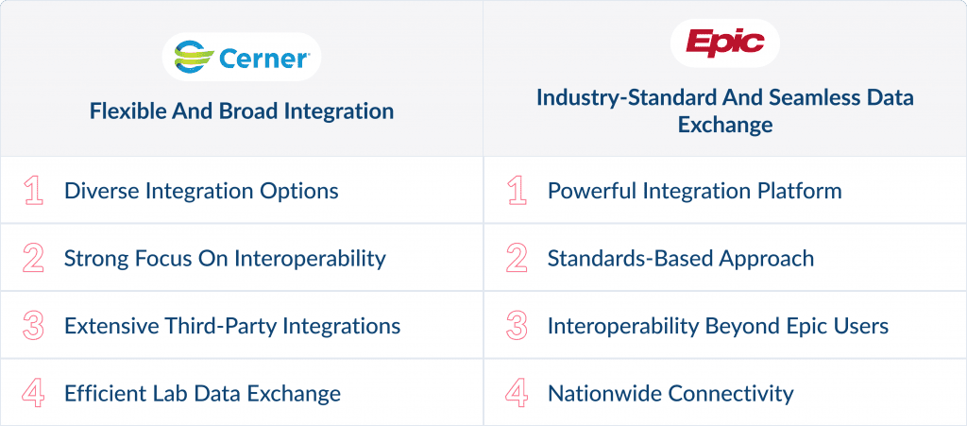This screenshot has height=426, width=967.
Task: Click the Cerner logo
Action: tap(241, 58)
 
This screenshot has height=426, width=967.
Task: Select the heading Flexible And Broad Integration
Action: tap(242, 111)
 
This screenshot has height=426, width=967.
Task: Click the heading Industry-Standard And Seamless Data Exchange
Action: tap(724, 111)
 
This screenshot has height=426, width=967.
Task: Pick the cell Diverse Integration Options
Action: tap(201, 191)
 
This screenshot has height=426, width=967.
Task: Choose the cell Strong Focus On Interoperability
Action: tap(225, 258)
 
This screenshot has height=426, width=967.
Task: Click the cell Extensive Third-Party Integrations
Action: tap(232, 326)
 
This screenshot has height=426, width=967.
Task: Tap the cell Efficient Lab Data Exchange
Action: tap(202, 393)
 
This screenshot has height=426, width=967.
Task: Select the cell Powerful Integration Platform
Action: tap(694, 191)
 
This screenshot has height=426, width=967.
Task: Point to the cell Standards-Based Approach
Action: tap(680, 258)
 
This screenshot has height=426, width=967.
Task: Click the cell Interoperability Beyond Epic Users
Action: tap(718, 326)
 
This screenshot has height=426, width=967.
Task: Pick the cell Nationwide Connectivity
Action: tap(670, 393)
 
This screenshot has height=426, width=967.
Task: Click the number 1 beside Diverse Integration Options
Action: tap(34, 191)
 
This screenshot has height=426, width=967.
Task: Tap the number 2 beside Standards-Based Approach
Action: tap(517, 258)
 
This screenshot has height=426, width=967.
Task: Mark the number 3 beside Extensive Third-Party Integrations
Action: tap(34, 326)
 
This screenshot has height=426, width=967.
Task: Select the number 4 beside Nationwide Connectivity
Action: tap(517, 393)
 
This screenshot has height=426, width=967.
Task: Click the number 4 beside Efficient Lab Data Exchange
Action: tap(34, 393)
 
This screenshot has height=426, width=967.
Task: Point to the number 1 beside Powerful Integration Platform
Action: tap(517, 191)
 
